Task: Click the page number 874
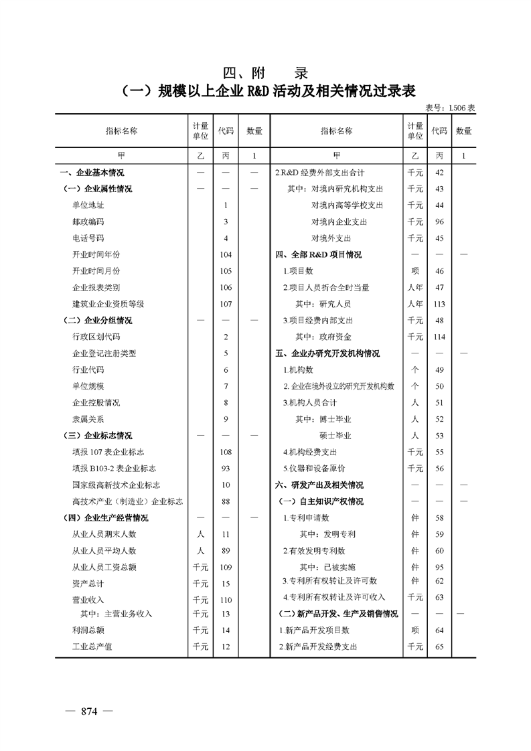89,712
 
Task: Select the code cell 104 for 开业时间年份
226,254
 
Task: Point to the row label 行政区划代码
96,337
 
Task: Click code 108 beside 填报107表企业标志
226,452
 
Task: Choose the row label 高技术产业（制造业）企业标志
127,501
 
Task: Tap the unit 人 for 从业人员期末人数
200,534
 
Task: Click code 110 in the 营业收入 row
226,600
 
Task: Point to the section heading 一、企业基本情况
92,173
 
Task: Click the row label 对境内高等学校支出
347,205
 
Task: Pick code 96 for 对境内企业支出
440,222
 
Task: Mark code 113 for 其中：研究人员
440,304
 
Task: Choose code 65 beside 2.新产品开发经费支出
440,647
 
